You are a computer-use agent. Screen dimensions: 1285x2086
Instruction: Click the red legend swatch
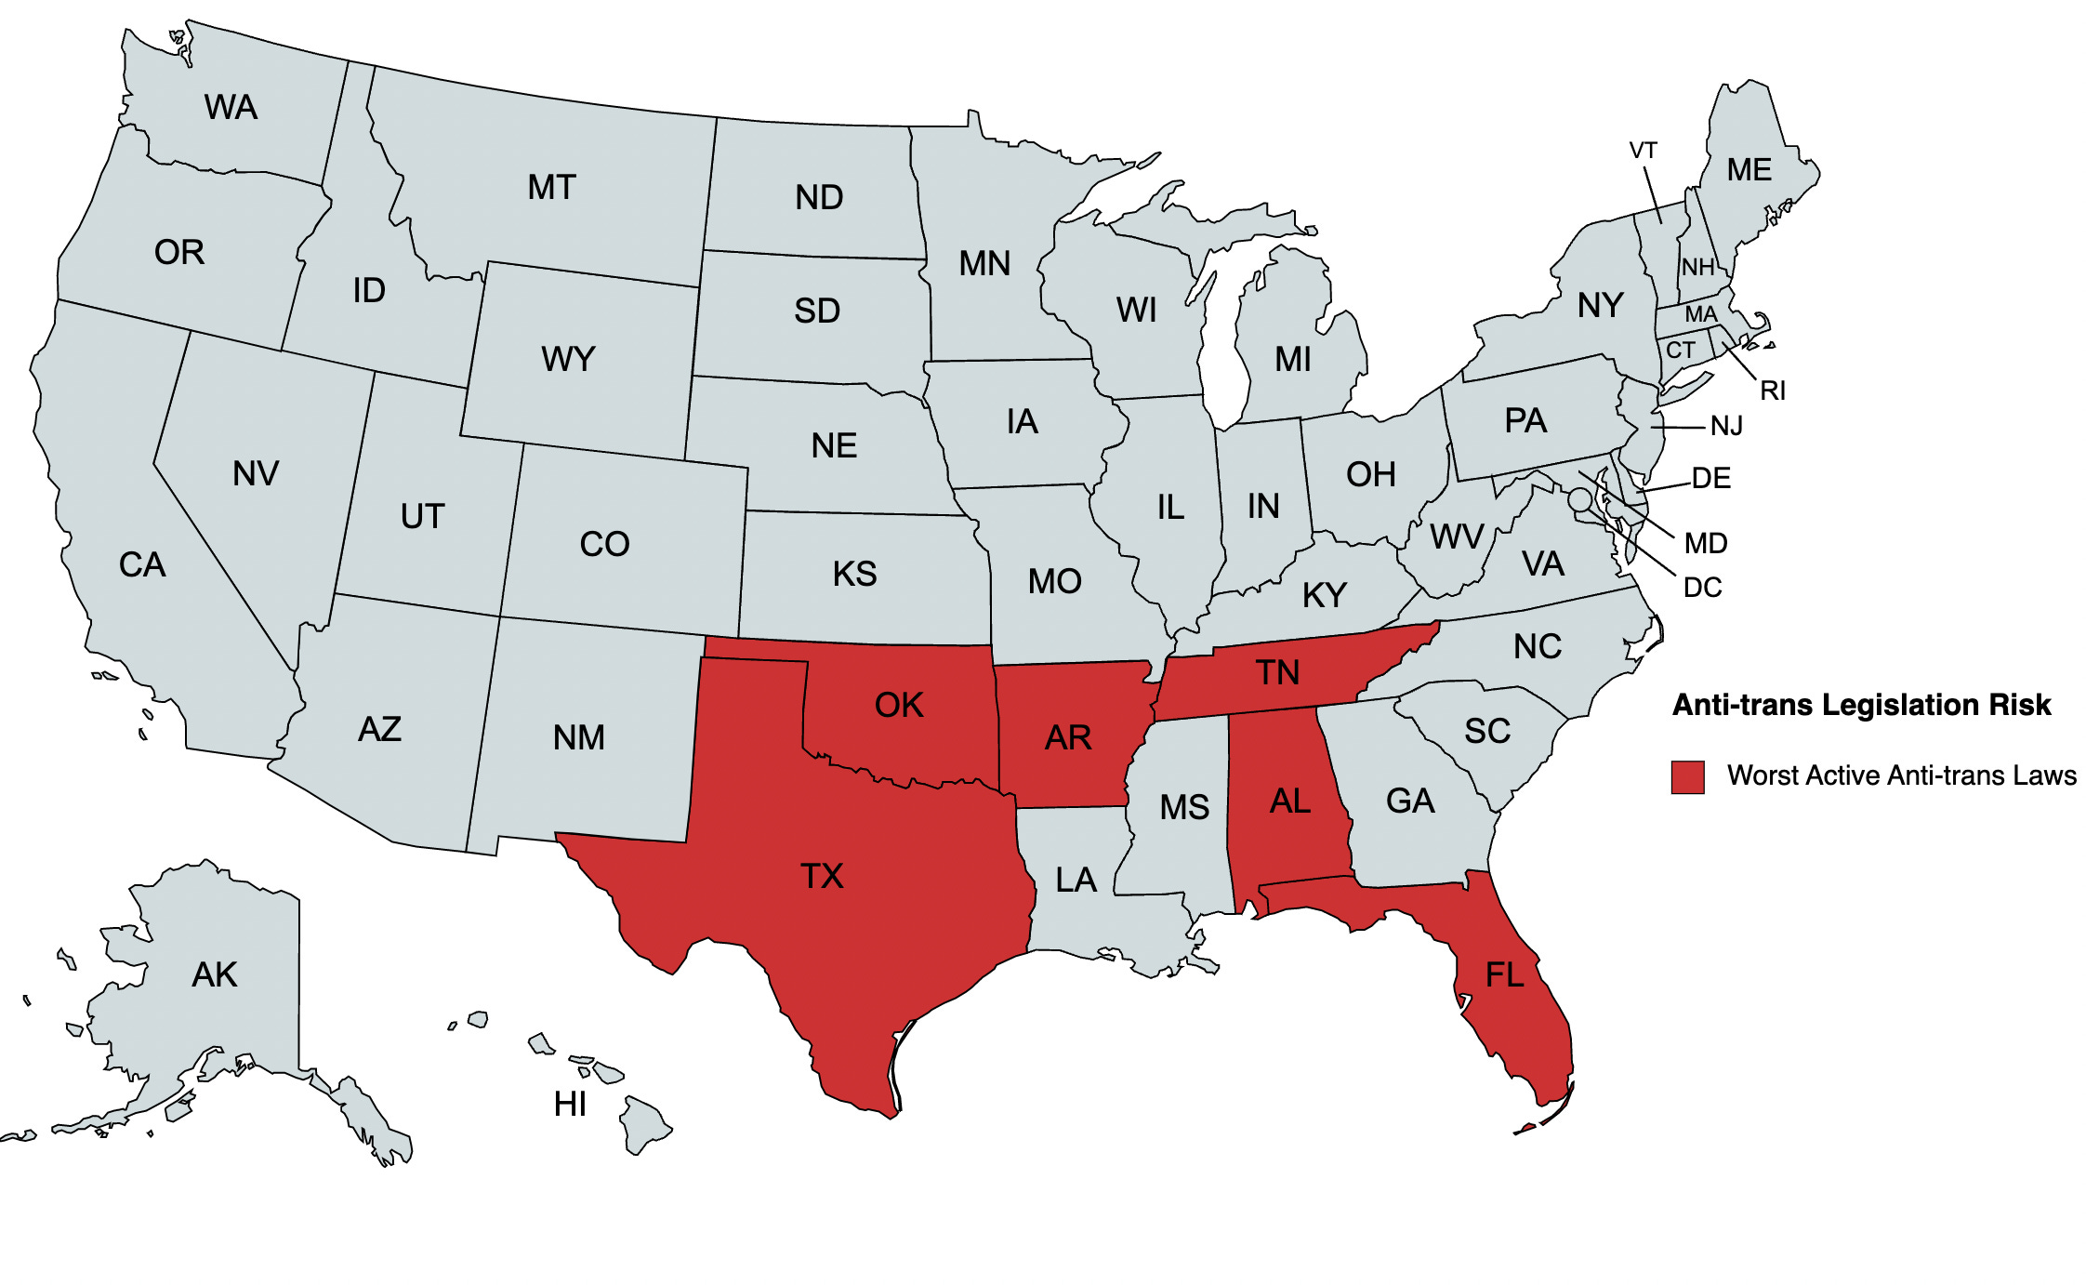[1687, 776]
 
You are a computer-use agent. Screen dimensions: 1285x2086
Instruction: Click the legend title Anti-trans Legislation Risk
[1861, 705]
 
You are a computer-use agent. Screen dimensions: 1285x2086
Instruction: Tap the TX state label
[822, 876]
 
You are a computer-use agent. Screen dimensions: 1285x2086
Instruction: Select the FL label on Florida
[1504, 974]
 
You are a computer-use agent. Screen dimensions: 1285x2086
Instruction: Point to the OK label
[899, 705]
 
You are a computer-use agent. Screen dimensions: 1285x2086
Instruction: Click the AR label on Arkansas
[1068, 737]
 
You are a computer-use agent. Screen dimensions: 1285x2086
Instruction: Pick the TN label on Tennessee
[1277, 672]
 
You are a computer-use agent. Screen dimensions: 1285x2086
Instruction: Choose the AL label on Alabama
[1290, 801]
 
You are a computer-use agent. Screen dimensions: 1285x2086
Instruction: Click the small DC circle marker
[1579, 499]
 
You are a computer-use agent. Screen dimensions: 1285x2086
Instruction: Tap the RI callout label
[1773, 391]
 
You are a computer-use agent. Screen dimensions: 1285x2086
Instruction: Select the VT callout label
[1643, 151]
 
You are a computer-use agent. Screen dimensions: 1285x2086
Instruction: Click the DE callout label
[1710, 478]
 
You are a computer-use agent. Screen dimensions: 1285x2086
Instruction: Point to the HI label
[570, 1104]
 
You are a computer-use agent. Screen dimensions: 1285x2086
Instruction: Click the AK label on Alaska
[215, 974]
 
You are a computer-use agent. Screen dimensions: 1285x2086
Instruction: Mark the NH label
[1697, 268]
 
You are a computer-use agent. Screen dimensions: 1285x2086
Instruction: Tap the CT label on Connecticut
[1680, 351]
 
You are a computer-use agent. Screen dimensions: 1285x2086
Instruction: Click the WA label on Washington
[231, 108]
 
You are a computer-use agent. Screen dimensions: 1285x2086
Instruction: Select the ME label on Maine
[1749, 170]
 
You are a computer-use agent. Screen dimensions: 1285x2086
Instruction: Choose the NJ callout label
[1726, 426]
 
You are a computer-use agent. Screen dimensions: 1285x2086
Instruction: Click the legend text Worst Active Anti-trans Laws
[1901, 775]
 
